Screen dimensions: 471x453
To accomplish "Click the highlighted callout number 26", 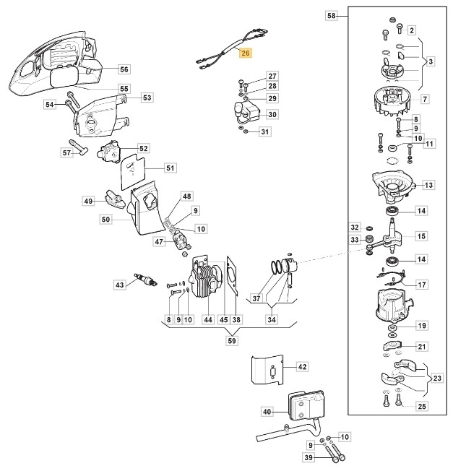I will (x=246, y=53).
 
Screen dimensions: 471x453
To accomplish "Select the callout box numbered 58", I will (x=332, y=14).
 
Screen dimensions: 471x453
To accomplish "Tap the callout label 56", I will (x=124, y=69).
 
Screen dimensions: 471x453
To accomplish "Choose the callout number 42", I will (x=303, y=367).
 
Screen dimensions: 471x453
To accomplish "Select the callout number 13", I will (x=429, y=186).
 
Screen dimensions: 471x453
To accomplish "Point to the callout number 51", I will (x=170, y=168).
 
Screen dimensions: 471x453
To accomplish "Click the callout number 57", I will (x=66, y=153).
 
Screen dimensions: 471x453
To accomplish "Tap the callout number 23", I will (x=437, y=378).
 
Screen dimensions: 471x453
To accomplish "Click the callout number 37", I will (x=256, y=298).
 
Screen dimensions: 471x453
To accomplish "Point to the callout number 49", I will (x=89, y=201).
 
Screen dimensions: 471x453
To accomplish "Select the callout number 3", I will (x=431, y=61).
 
